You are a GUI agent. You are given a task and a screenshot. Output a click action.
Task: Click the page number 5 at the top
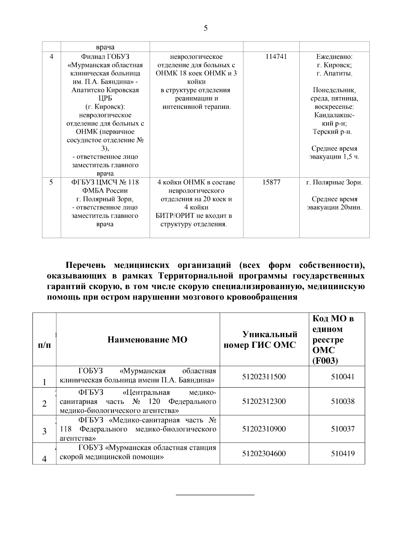[x=206, y=28]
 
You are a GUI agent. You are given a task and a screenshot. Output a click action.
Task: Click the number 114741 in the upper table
[x=276, y=57]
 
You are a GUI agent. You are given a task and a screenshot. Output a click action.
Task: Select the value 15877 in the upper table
[x=271, y=182]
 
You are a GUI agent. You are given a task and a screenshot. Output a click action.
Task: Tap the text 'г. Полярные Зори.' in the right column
[x=334, y=182]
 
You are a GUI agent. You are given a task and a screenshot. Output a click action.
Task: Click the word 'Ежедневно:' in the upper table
[x=334, y=57]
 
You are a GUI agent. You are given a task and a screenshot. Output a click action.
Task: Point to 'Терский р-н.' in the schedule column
[x=332, y=132]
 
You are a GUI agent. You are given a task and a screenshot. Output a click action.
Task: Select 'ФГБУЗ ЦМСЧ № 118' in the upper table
[x=105, y=182]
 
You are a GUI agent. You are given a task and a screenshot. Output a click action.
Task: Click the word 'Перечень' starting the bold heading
[x=86, y=265]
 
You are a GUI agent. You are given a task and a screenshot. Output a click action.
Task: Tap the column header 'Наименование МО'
[x=147, y=339]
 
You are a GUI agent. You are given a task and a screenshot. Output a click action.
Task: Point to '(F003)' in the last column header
[x=326, y=360]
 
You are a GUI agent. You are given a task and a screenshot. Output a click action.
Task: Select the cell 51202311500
[x=264, y=377]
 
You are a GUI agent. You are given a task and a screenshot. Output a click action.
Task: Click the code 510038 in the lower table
[x=343, y=401]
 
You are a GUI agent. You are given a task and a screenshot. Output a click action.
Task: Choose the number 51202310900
[x=264, y=429]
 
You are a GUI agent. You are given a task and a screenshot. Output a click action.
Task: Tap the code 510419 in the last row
[x=343, y=454]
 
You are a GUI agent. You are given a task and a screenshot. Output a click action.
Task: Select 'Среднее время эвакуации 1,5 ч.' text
[x=334, y=153]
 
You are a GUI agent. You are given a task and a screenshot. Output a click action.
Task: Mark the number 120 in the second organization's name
[x=154, y=401]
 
